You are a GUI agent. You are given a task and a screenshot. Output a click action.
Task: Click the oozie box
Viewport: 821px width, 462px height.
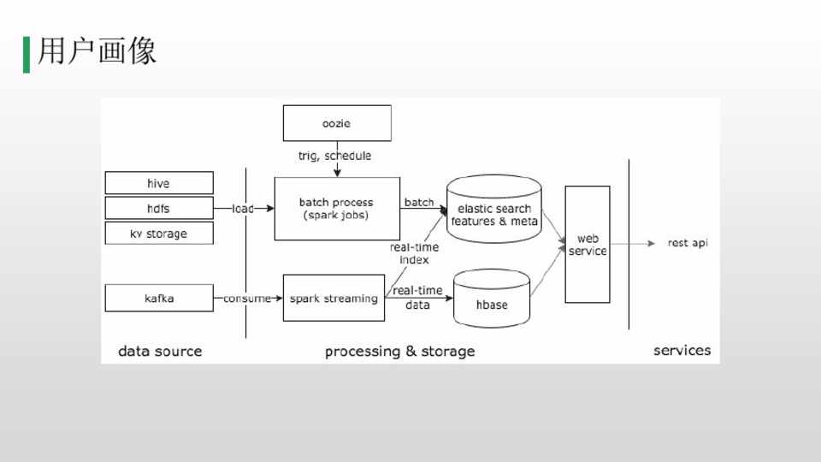click(x=337, y=123)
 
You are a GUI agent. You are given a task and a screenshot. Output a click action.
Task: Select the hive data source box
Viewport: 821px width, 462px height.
click(x=158, y=183)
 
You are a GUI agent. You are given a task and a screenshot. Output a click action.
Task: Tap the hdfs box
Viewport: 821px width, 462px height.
click(x=158, y=208)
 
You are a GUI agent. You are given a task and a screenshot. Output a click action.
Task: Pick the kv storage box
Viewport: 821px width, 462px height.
click(x=158, y=234)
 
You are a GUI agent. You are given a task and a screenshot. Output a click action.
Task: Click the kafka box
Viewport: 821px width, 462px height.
click(x=158, y=298)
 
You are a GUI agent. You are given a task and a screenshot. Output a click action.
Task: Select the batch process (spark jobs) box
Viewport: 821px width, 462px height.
click(x=336, y=209)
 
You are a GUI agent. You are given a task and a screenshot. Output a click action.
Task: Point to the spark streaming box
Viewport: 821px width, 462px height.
click(x=333, y=298)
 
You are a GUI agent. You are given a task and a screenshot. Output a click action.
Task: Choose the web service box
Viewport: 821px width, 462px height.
click(x=588, y=245)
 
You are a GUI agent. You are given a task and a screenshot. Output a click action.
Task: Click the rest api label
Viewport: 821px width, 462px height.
click(x=688, y=243)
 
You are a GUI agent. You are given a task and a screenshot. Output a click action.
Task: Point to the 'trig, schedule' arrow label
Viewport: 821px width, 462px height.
click(x=335, y=157)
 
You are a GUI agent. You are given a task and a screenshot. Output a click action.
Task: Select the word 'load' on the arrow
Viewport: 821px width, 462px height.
click(x=244, y=209)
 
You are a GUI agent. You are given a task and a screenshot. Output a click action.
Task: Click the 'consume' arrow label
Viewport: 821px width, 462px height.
click(x=246, y=299)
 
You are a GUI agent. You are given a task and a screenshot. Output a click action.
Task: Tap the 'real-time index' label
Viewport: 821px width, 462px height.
click(x=414, y=253)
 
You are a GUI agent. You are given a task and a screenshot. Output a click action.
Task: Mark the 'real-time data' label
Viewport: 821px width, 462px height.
click(x=417, y=298)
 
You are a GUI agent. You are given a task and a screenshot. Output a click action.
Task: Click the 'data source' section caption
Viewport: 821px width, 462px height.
click(x=160, y=351)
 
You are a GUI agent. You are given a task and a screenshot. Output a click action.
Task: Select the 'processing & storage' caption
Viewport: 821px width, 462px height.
click(x=399, y=352)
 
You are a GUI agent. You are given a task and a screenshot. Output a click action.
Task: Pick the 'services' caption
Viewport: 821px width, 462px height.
click(x=682, y=350)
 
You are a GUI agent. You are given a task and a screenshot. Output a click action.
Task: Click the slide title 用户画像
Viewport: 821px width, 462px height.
click(x=97, y=51)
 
